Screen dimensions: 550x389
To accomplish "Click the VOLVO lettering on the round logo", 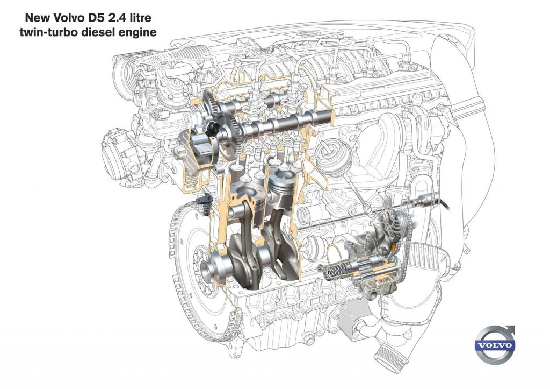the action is [495, 345].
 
